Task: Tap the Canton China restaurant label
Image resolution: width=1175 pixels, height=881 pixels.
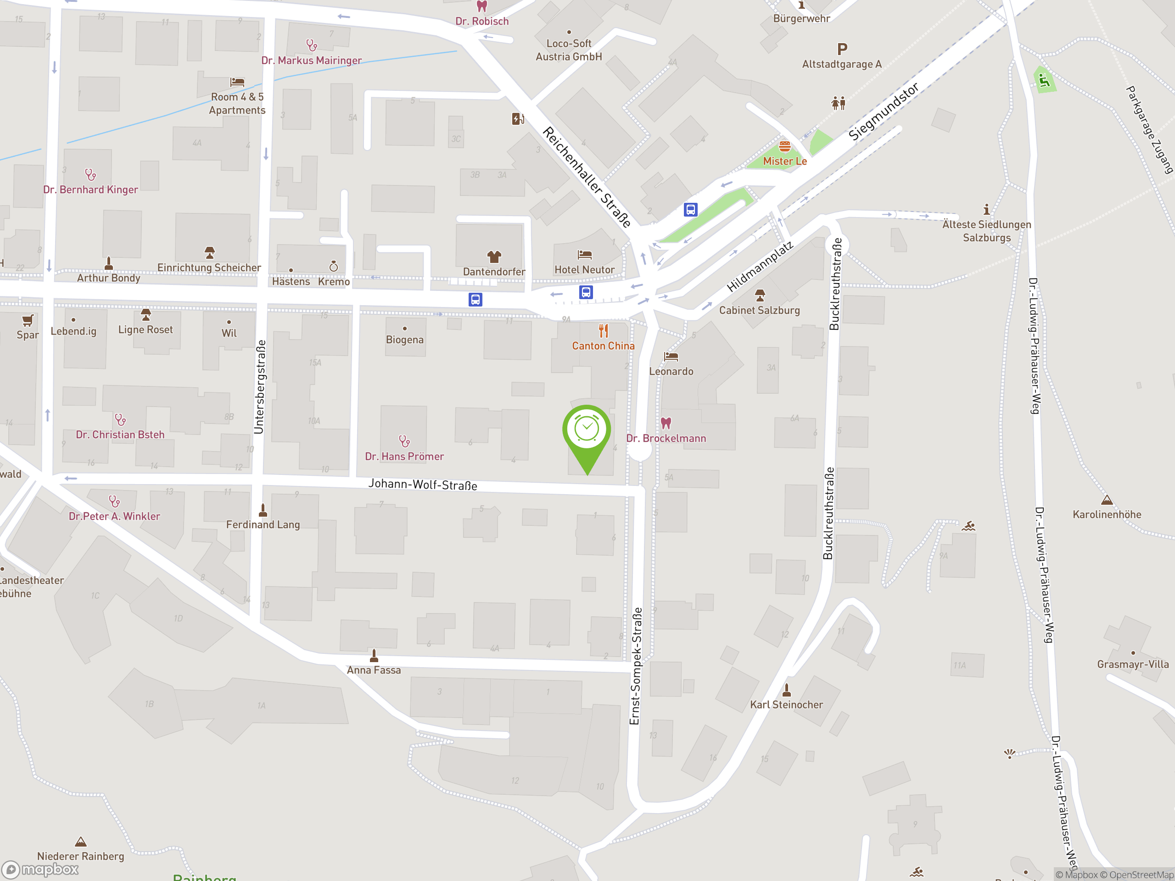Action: (x=603, y=346)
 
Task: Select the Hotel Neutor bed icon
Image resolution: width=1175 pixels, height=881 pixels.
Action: (x=584, y=255)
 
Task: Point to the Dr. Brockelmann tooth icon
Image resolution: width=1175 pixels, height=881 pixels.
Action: (x=666, y=423)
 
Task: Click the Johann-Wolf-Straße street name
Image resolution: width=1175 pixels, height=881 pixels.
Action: (x=423, y=484)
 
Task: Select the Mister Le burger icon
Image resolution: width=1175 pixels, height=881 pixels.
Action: (x=784, y=146)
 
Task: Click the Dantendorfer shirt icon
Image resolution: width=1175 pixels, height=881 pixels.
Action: (x=494, y=257)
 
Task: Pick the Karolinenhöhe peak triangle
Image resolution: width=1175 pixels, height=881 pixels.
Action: (x=1107, y=500)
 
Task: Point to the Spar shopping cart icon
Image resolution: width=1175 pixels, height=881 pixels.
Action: (x=28, y=320)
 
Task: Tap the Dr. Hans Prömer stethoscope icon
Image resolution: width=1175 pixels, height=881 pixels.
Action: (x=404, y=441)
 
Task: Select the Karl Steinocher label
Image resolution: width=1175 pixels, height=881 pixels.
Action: (x=786, y=705)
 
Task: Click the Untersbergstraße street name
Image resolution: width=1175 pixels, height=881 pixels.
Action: (x=259, y=387)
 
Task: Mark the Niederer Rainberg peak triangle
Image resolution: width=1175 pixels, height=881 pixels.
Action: (x=81, y=842)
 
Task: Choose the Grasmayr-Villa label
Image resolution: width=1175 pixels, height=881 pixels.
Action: (x=1132, y=664)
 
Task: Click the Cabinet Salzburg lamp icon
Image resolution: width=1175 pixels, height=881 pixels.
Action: (x=760, y=295)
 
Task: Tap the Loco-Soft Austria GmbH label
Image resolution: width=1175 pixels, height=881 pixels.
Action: (x=568, y=50)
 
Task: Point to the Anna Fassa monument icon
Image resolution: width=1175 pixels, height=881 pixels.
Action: (x=374, y=656)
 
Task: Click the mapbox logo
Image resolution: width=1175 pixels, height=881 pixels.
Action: (x=40, y=870)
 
